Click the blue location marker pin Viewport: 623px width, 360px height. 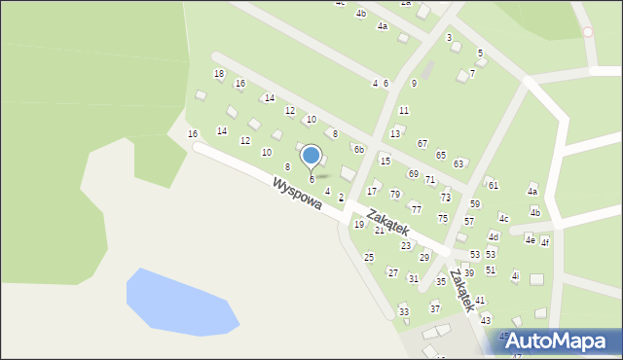pyautogui.click(x=311, y=156)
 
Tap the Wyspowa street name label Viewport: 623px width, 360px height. pyautogui.click(x=297, y=193)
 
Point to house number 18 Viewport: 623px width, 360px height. pyautogui.click(x=219, y=74)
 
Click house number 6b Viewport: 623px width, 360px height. pyautogui.click(x=359, y=149)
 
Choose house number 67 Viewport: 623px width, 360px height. pyautogui.click(x=422, y=143)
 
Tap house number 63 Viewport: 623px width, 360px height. pyautogui.click(x=458, y=163)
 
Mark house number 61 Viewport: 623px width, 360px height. pyautogui.click(x=494, y=185)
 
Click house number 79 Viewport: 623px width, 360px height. pyautogui.click(x=395, y=195)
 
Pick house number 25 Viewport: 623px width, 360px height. pyautogui.click(x=369, y=257)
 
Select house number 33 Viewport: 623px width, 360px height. pyautogui.click(x=404, y=311)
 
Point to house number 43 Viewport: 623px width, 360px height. pyautogui.click(x=486, y=320)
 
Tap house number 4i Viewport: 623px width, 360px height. pyautogui.click(x=515, y=276)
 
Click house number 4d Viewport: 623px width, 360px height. pyautogui.click(x=494, y=236)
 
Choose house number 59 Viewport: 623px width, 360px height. pyautogui.click(x=475, y=203)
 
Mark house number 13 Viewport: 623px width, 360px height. pyautogui.click(x=395, y=133)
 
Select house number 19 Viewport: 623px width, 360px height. pyautogui.click(x=359, y=225)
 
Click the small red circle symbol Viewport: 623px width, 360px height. pyautogui.click(x=588, y=32)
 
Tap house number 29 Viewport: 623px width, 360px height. pyautogui.click(x=424, y=257)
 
